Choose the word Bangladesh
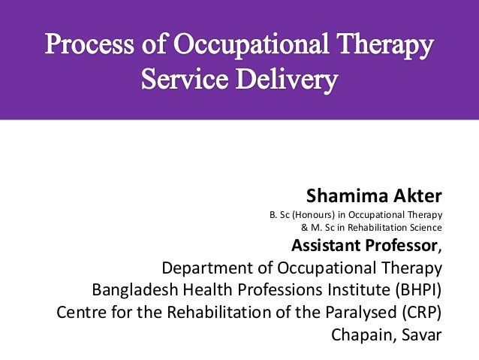pyautogui.click(x=136, y=290)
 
